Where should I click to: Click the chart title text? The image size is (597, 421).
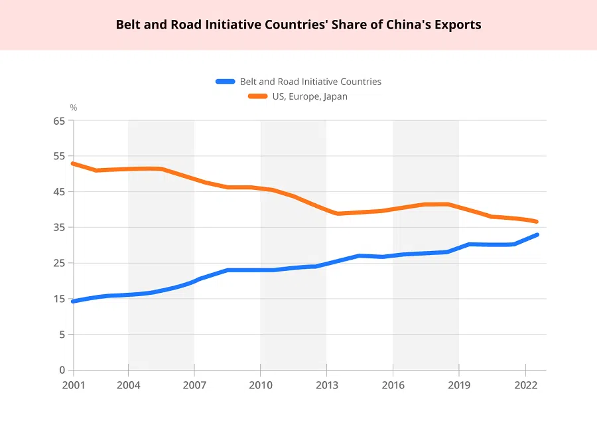[298, 25]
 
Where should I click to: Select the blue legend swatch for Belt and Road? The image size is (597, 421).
[226, 82]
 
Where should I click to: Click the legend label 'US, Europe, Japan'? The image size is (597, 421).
[309, 96]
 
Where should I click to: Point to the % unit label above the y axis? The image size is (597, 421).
[74, 108]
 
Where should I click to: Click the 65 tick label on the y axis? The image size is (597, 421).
[60, 121]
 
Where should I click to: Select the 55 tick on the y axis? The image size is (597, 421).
[60, 156]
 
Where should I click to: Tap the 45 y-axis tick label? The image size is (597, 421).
[60, 192]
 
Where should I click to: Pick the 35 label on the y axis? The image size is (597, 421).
[60, 228]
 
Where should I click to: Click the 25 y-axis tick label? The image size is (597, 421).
[60, 263]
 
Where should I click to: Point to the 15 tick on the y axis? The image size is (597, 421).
[60, 299]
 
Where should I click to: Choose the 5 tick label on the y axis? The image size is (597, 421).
[62, 335]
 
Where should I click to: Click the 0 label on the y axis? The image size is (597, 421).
[62, 370]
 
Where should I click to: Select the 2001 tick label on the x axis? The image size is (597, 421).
[74, 384]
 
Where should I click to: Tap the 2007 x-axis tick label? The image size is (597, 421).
[194, 384]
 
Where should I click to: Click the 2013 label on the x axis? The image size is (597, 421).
[326, 384]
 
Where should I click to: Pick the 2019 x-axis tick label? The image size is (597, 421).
[459, 384]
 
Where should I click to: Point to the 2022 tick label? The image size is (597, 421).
[525, 384]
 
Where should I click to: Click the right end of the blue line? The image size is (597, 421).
[536, 235]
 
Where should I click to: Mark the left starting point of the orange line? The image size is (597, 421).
[73, 163]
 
